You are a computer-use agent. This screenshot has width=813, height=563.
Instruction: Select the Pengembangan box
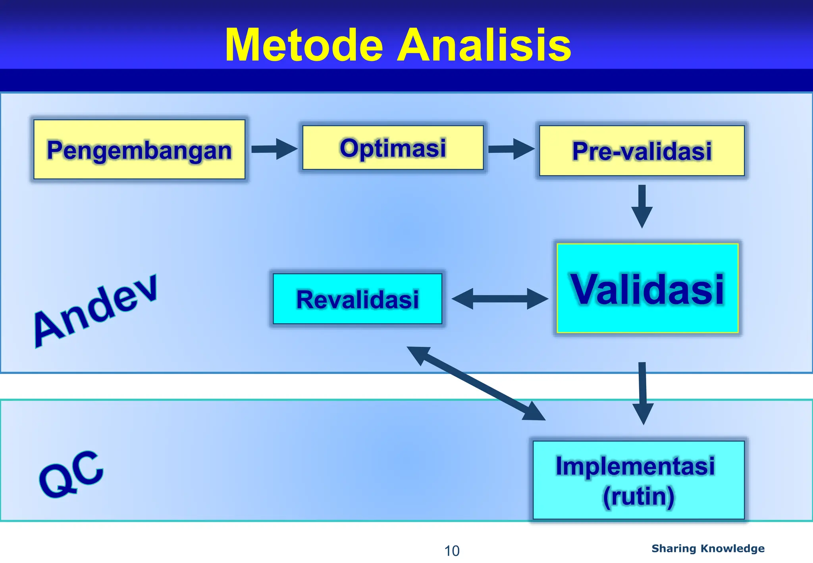(139, 150)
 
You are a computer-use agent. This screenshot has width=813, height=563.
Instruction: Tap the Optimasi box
(393, 148)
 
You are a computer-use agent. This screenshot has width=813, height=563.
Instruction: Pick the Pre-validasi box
(642, 151)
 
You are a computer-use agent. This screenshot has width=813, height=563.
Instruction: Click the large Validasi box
(647, 288)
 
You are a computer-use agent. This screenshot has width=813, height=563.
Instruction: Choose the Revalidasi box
(357, 299)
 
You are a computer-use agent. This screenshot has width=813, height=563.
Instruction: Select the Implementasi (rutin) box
(638, 480)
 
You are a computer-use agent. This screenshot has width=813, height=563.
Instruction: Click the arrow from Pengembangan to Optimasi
(274, 149)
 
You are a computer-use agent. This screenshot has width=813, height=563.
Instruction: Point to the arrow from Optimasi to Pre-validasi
(511, 149)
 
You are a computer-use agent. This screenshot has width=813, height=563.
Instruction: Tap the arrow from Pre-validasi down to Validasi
(642, 206)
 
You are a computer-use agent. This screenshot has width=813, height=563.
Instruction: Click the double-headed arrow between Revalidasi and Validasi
(500, 299)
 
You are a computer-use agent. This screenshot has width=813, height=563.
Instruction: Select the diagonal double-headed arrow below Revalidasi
(476, 383)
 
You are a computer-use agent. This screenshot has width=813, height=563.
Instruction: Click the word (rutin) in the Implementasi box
(638, 496)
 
